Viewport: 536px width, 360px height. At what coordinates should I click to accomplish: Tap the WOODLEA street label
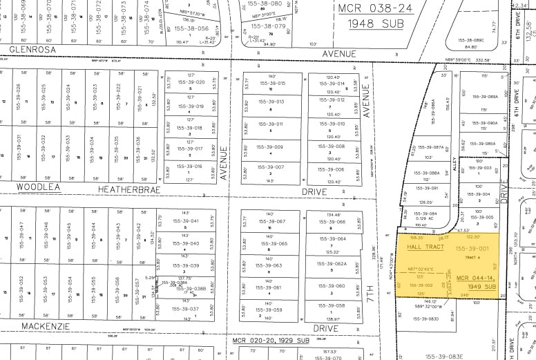[x=39, y=187]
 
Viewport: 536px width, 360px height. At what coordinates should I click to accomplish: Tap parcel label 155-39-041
[x=185, y=221]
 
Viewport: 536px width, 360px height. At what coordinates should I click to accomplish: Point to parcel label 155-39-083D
[x=425, y=319]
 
